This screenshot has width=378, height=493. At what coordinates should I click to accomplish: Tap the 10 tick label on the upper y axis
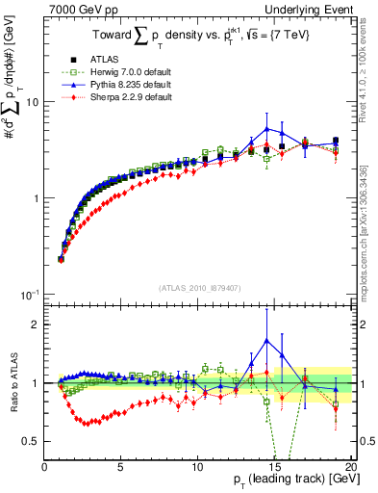pos(31,102)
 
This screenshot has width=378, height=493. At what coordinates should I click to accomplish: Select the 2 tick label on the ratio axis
pos(35,324)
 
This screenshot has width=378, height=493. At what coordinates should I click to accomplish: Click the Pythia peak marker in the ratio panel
pos(266,340)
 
